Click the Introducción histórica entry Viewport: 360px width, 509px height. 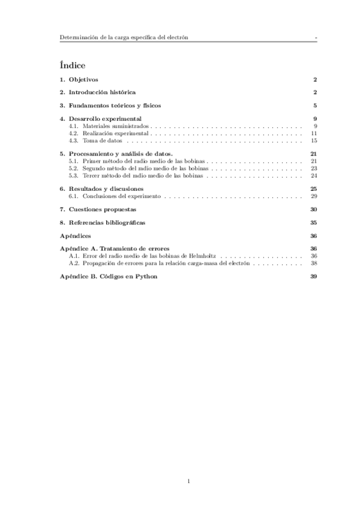point(101,92)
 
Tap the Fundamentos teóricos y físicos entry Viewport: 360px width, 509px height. point(114,106)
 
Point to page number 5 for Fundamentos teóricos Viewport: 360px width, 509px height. point(314,106)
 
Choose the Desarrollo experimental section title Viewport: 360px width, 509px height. point(104,119)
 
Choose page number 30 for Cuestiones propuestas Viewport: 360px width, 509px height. point(313,209)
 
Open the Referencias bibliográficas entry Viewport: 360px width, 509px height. point(106,223)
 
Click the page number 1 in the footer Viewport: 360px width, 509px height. point(188,481)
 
